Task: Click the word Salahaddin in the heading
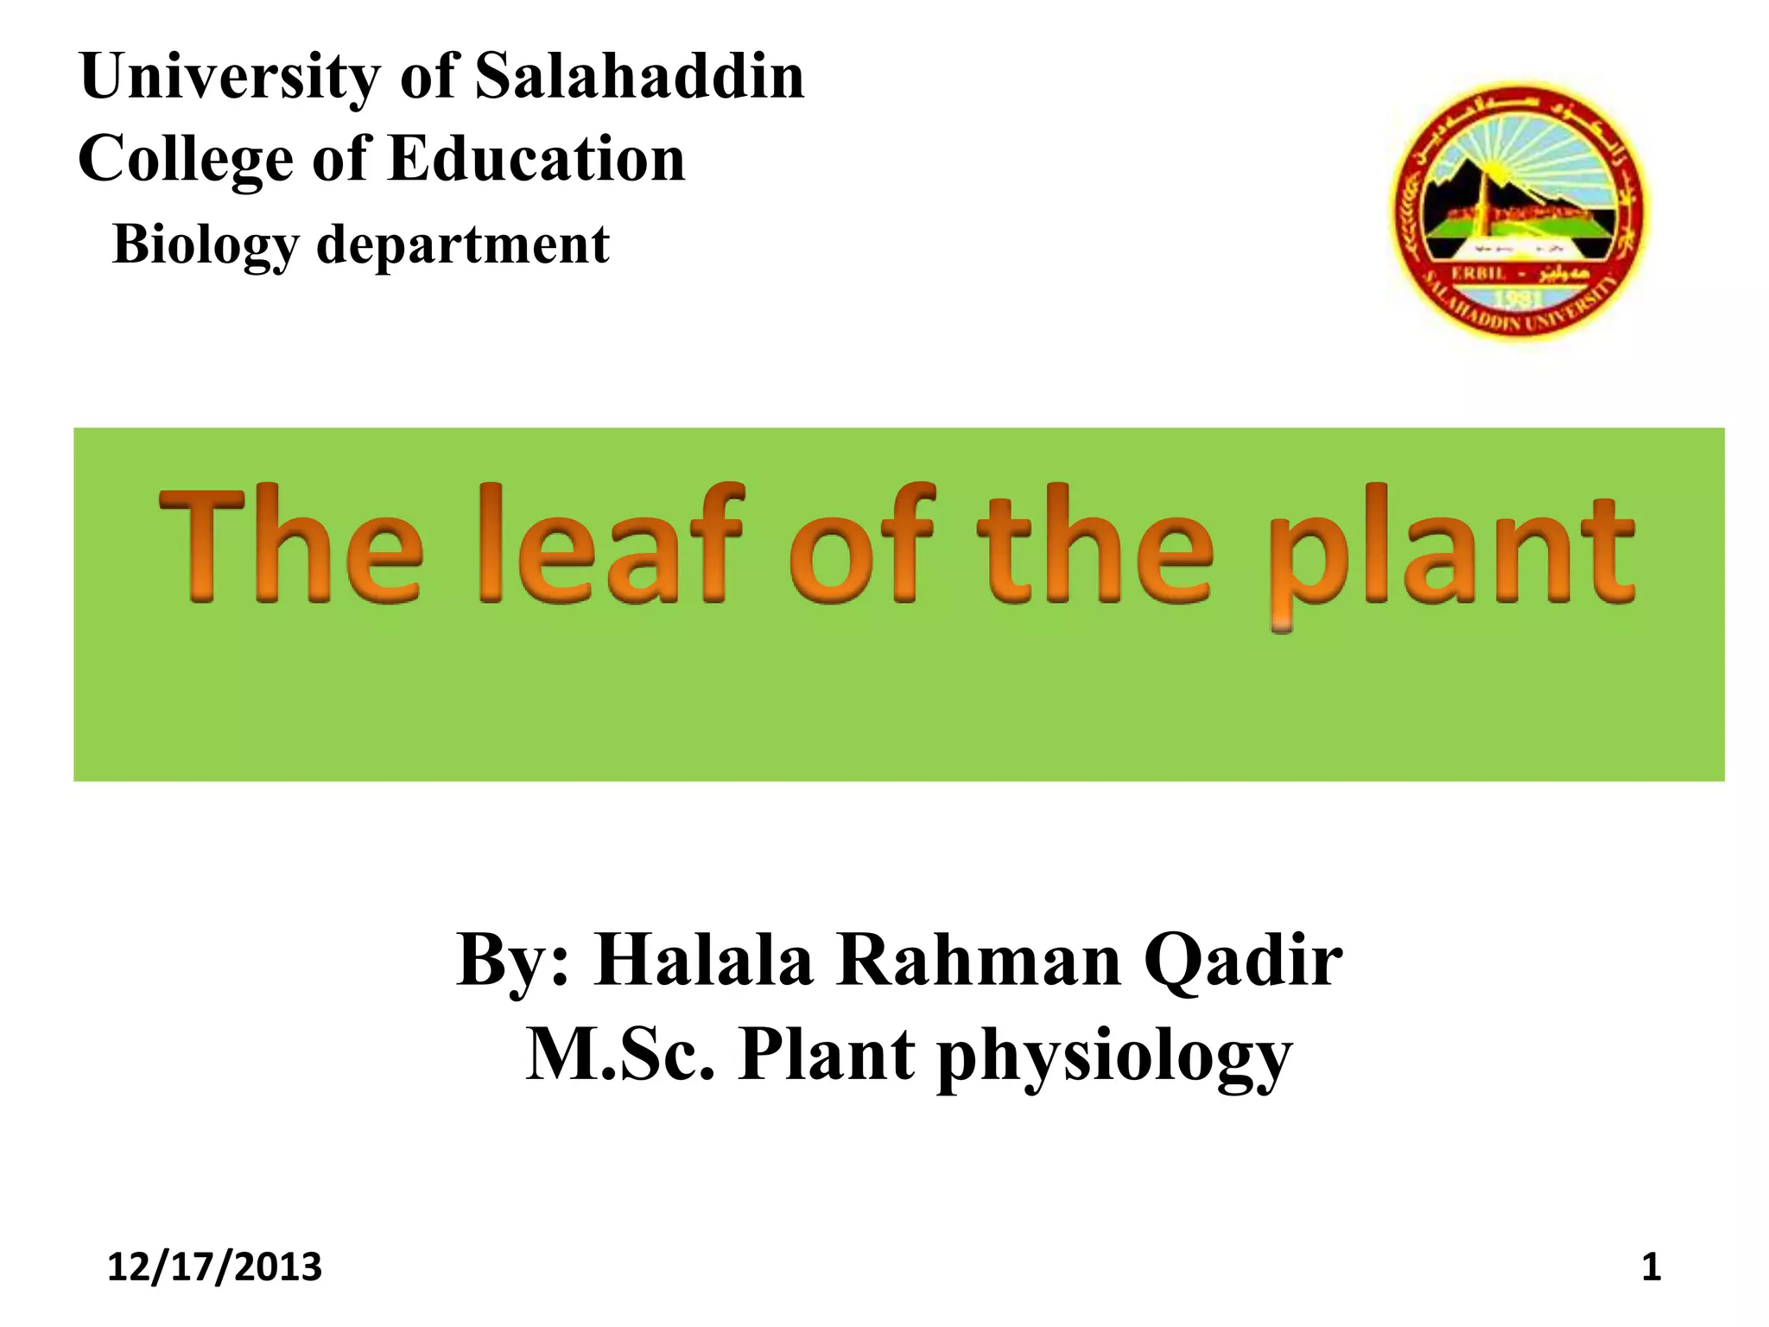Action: (639, 76)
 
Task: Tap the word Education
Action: (536, 159)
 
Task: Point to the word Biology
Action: (205, 245)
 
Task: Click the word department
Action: (463, 245)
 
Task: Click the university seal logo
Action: (1519, 211)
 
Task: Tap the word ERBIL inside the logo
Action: (1478, 273)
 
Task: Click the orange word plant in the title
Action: (1451, 553)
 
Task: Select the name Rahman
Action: (979, 961)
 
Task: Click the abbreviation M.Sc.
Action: (620, 1055)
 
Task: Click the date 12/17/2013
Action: (214, 1267)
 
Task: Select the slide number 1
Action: (1651, 1267)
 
